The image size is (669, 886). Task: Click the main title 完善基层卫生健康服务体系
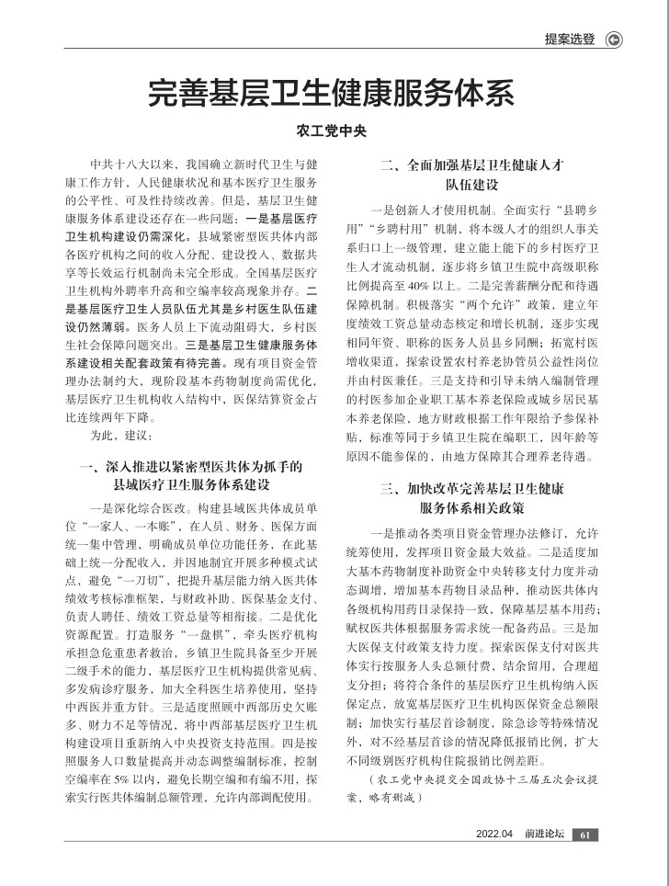[x=331, y=94]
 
